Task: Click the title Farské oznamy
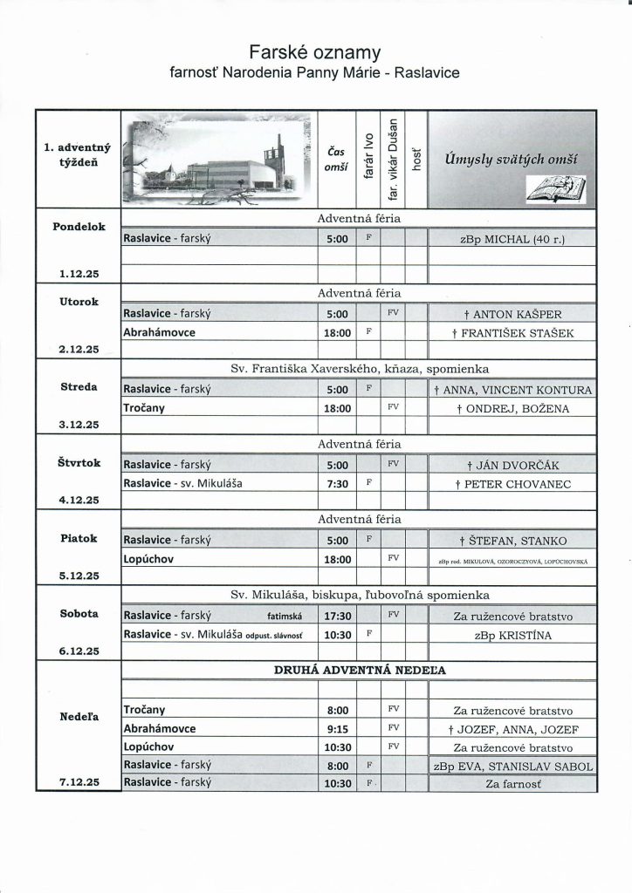316,53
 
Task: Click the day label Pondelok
79,226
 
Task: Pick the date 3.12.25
79,425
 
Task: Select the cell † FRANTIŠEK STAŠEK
512,333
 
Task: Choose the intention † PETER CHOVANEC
512,481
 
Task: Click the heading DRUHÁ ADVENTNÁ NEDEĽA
359,668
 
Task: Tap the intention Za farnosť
512,784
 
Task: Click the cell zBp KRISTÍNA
512,635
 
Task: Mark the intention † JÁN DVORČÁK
512,464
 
